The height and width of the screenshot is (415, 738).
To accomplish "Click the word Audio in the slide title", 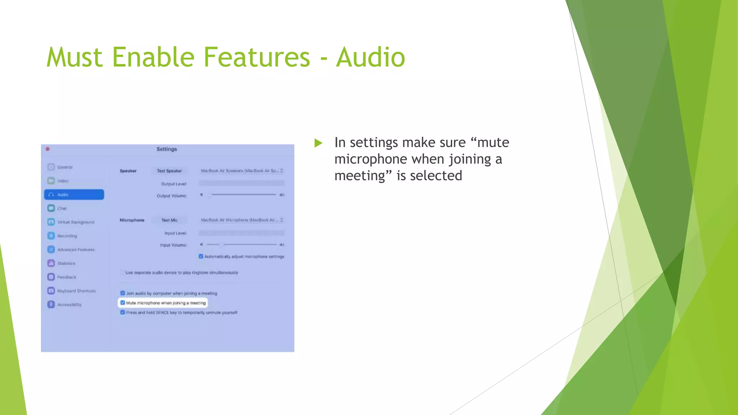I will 370,57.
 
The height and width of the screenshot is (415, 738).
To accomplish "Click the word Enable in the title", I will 154,57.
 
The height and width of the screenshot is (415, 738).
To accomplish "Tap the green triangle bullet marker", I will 318,143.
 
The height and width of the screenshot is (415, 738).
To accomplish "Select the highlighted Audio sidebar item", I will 74,195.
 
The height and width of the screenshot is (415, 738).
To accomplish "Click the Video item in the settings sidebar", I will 62,181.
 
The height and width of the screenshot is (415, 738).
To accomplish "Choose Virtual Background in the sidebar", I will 75,222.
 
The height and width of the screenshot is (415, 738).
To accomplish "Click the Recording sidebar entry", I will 67,236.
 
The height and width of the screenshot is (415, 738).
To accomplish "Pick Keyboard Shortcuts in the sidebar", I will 76,291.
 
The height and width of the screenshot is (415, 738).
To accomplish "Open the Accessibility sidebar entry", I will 69,305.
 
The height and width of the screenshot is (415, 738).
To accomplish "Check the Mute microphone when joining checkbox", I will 123,303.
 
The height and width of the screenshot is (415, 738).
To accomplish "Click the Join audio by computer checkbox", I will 123,293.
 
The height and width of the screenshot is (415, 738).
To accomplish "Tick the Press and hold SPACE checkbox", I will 123,312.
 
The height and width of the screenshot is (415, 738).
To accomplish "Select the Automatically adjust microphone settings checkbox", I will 201,256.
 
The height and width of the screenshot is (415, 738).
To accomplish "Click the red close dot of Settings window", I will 48,149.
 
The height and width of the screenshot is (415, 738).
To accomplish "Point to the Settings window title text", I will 166,149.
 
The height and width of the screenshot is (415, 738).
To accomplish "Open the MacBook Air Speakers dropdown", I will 242,171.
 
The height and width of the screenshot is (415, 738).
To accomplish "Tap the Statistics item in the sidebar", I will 66,263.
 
